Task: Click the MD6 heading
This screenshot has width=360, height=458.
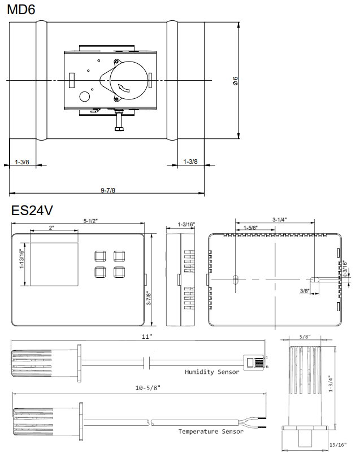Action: [x=21, y=10]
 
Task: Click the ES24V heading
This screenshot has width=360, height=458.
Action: [x=32, y=210]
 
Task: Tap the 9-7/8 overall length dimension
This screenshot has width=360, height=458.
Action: [x=108, y=190]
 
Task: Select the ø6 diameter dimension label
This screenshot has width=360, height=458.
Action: [x=235, y=81]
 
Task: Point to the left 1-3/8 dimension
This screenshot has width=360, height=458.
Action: [x=22, y=162]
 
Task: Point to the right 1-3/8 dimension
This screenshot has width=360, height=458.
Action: [x=190, y=162]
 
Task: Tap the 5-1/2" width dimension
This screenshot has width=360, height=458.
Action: [x=90, y=221]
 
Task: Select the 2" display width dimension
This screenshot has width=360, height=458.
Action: [x=51, y=228]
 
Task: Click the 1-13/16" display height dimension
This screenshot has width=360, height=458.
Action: [x=21, y=259]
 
